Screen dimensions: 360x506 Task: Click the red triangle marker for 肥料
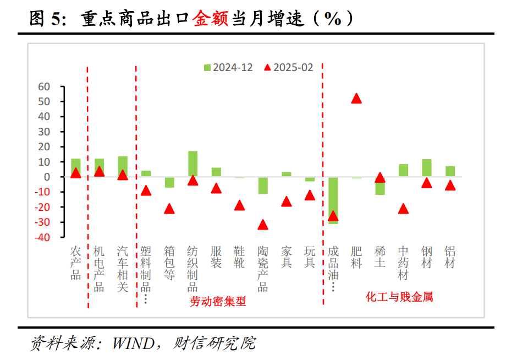[356, 99]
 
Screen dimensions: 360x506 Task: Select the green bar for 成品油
[333, 200]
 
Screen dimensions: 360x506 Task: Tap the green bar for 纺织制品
[193, 163]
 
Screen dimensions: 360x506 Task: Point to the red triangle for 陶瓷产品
[263, 225]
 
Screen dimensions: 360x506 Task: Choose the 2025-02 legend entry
[288, 68]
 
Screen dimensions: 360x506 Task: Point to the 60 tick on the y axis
[44, 87]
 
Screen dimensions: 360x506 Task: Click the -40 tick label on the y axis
[42, 237]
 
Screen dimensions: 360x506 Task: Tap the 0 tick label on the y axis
[47, 177]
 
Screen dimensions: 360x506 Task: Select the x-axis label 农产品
[75, 263]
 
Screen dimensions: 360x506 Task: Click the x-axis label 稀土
[380, 257]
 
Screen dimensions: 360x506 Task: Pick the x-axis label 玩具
[310, 257]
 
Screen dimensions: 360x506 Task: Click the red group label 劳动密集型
[218, 302]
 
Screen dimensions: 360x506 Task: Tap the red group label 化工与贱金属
[399, 297]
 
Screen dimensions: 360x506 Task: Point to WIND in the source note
[133, 343]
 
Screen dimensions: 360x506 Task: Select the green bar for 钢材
[427, 168]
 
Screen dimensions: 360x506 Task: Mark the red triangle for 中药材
[403, 209]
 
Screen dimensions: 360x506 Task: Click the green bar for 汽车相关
[123, 166]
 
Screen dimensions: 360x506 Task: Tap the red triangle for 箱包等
[169, 209]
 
